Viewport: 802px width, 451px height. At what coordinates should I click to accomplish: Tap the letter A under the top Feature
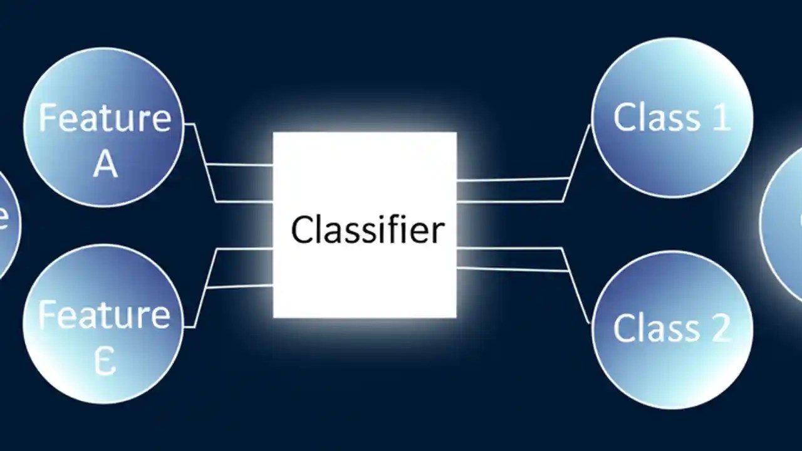pyautogui.click(x=105, y=164)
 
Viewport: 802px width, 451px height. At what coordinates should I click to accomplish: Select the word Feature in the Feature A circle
pyautogui.click(x=105, y=117)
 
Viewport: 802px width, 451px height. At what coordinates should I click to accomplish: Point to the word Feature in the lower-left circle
pyautogui.click(x=104, y=315)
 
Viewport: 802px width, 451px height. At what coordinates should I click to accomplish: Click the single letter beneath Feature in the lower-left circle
pyautogui.click(x=105, y=361)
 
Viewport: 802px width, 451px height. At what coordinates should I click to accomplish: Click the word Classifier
pyautogui.click(x=368, y=229)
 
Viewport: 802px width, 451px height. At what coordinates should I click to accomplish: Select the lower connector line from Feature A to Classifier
pyautogui.click(x=244, y=202)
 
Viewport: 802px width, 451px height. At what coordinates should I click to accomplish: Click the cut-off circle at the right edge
pyautogui.click(x=786, y=222)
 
